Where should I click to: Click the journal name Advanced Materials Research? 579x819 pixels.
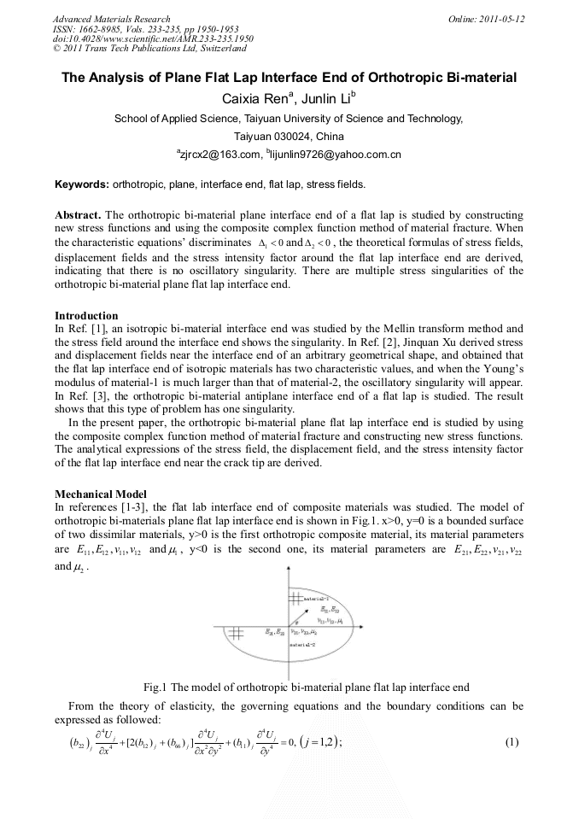tap(111, 19)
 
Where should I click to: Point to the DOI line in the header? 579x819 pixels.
tap(154, 38)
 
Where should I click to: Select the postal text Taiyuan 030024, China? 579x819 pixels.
tap(289, 136)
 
